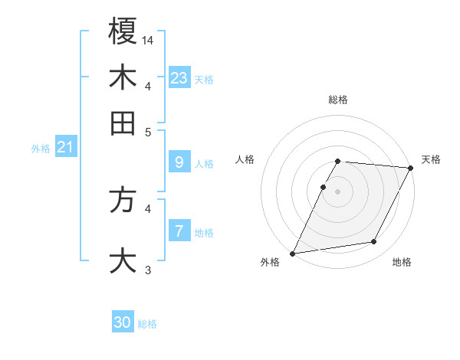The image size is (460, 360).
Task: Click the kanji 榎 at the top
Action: [123, 32]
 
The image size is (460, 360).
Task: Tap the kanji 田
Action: [123, 123]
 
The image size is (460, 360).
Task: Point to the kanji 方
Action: [123, 201]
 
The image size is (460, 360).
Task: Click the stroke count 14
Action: [148, 39]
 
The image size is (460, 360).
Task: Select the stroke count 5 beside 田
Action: [149, 131]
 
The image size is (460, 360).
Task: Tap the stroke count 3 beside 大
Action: [149, 270]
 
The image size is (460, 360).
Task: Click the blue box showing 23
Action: [179, 77]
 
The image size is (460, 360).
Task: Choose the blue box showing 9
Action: [179, 162]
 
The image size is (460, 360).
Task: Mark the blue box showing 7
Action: [179, 231]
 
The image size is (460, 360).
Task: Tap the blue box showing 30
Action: [123, 322]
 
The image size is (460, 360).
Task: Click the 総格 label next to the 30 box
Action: [147, 324]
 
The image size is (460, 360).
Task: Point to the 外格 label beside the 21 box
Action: [40, 149]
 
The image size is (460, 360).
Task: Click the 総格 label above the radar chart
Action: [338, 100]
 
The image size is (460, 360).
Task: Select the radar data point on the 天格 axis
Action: [412, 169]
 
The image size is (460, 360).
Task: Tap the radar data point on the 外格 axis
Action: [292, 253]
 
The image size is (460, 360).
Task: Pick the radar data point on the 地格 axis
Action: [374, 242]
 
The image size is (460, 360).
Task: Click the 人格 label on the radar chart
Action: [245, 159]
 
